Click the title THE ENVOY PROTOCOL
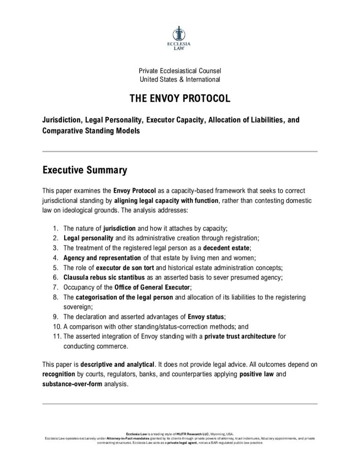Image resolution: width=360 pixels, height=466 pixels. [x=180, y=99]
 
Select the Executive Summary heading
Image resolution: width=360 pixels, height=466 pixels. [x=84, y=170]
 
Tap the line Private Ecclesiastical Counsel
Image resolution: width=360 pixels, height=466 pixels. [x=180, y=70]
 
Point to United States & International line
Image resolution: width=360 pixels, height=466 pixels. [x=180, y=79]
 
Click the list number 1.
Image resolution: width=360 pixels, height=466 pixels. [x=55, y=228]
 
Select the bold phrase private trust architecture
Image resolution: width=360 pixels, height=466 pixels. [x=240, y=336]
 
